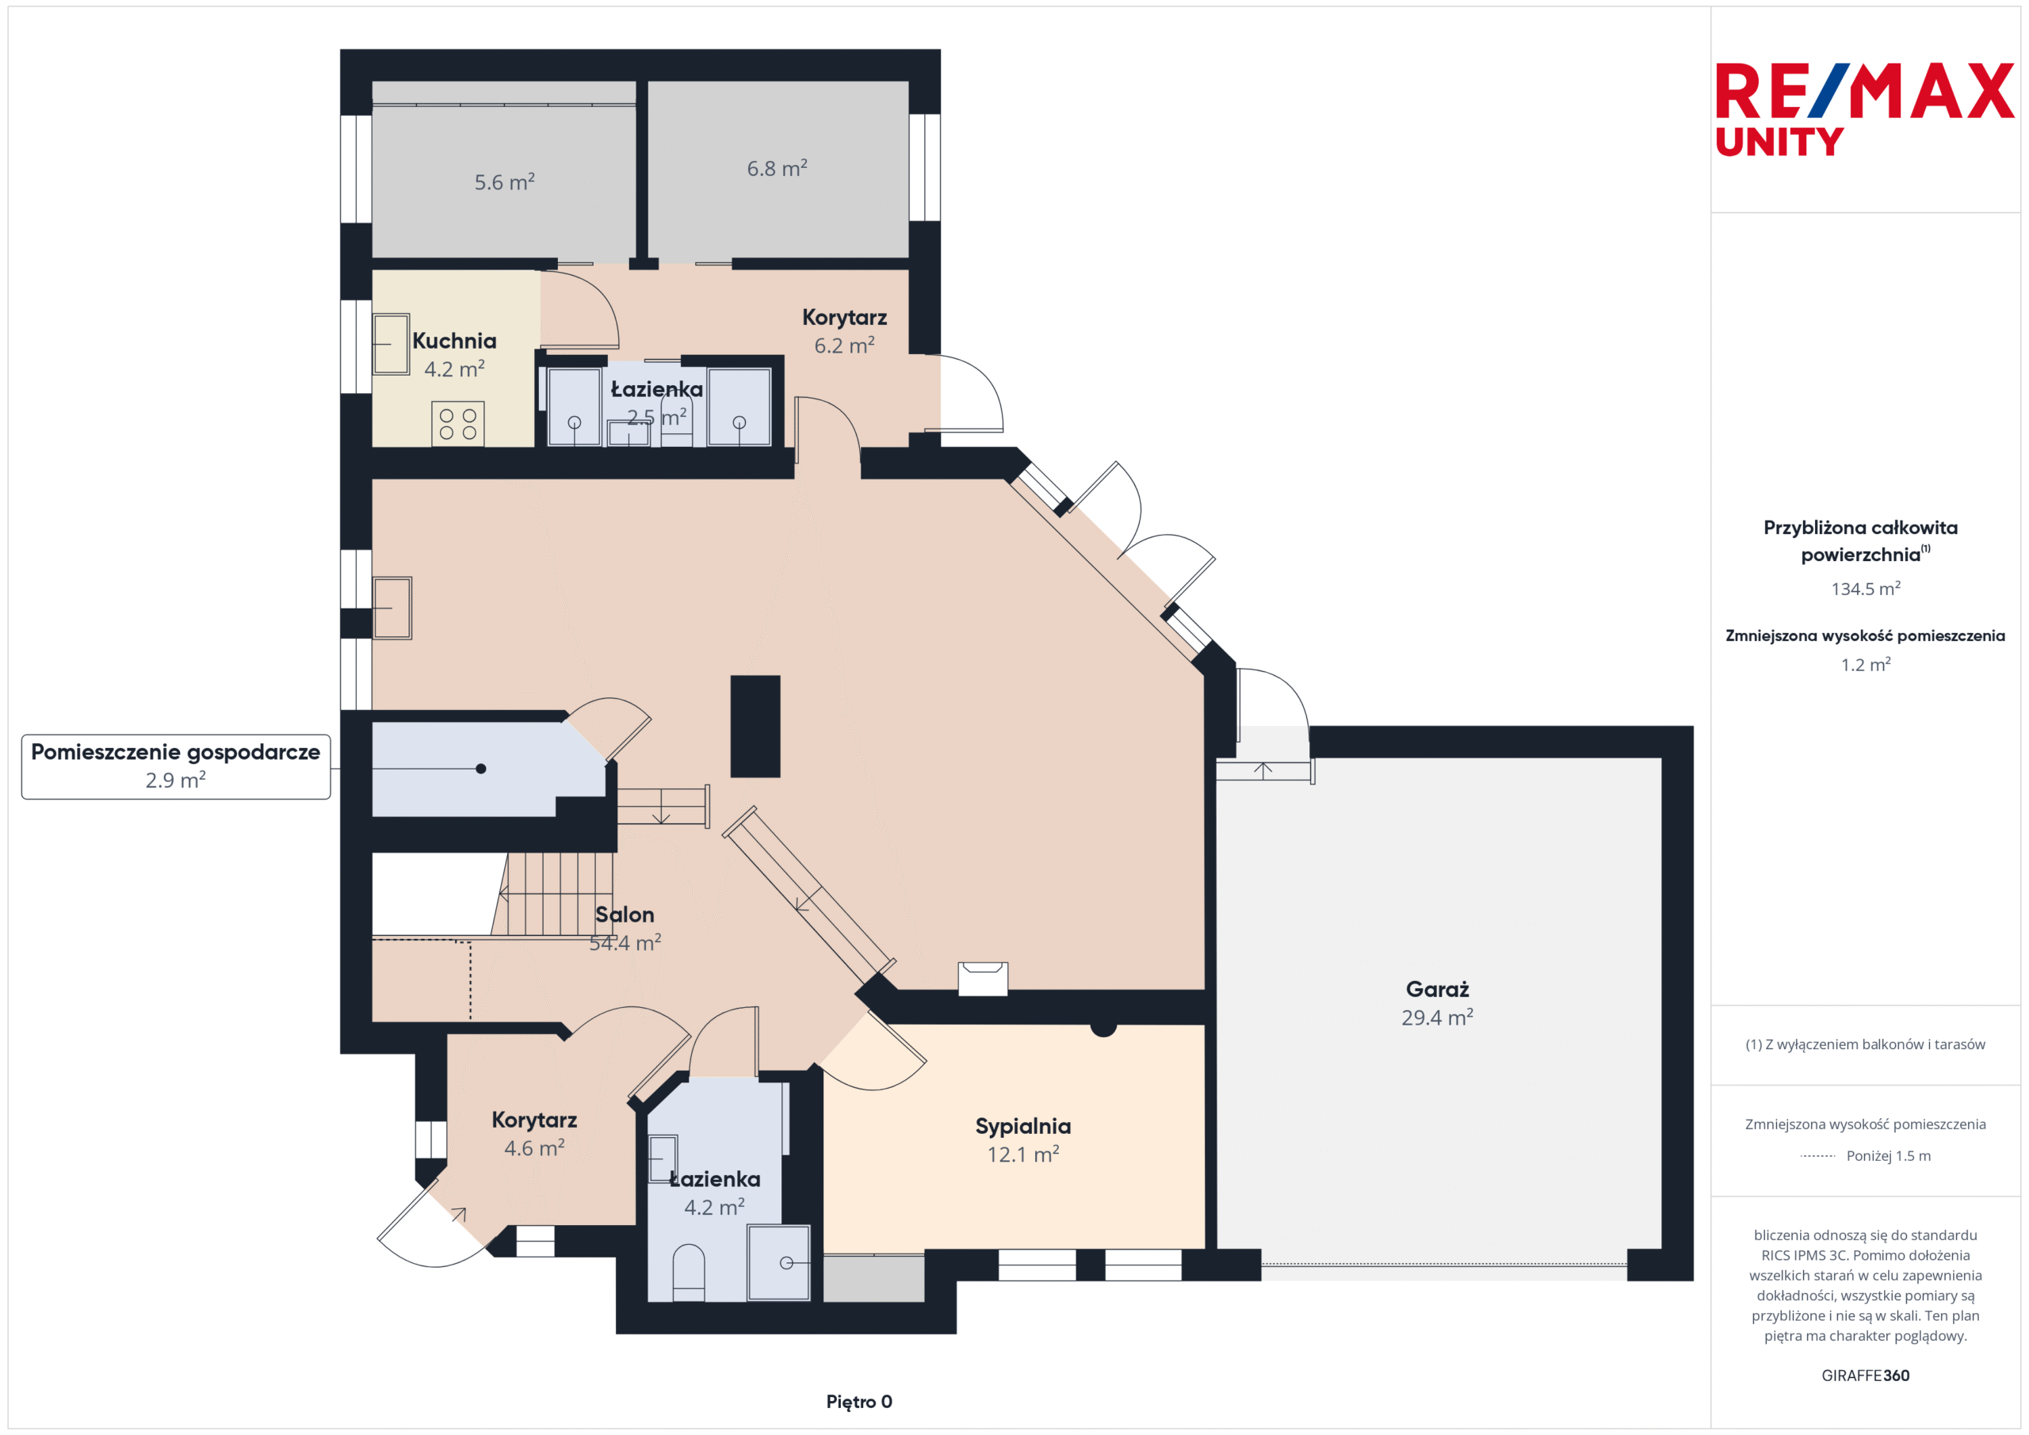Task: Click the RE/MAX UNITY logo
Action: pos(1865,109)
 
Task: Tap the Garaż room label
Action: pos(1437,989)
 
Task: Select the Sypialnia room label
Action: pos(1022,1126)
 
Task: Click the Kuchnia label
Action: pos(454,340)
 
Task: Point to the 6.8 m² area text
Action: pos(777,168)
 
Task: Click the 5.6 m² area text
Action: pos(505,182)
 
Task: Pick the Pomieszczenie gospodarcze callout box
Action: pos(176,766)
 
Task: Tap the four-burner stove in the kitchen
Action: pos(458,423)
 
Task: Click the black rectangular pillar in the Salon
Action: pos(755,727)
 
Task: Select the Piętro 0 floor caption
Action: pos(859,1402)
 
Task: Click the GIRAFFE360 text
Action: pos(1865,1375)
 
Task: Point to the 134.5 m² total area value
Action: pos(1866,589)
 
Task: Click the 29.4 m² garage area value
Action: pos(1437,1017)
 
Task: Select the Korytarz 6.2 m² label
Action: pos(844,331)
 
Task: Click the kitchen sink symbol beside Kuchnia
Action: pos(391,345)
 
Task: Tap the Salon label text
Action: pos(625,914)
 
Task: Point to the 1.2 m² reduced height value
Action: pos(1866,665)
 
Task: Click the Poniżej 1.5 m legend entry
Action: pos(1866,1156)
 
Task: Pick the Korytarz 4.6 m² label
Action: pos(533,1134)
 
